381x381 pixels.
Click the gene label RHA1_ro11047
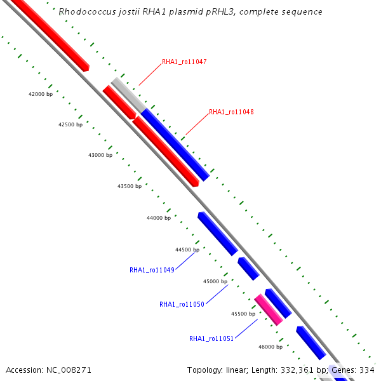point(184,62)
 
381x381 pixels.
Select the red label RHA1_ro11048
point(231,112)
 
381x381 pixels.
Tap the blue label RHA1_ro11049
point(152,270)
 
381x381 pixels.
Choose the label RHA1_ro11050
point(182,304)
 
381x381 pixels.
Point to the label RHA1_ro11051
point(211,338)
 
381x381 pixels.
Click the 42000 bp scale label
point(41,94)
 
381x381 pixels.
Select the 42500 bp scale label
point(70,124)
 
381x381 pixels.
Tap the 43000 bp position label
point(100,155)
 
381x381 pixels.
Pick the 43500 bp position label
point(130,186)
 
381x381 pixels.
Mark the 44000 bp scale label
point(159,218)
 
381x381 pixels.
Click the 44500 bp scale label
point(187,250)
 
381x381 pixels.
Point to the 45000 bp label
point(215,281)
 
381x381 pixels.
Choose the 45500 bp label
point(243,314)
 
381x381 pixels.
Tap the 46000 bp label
point(271,347)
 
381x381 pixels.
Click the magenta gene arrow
point(269,310)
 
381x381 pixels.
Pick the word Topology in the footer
point(204,370)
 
